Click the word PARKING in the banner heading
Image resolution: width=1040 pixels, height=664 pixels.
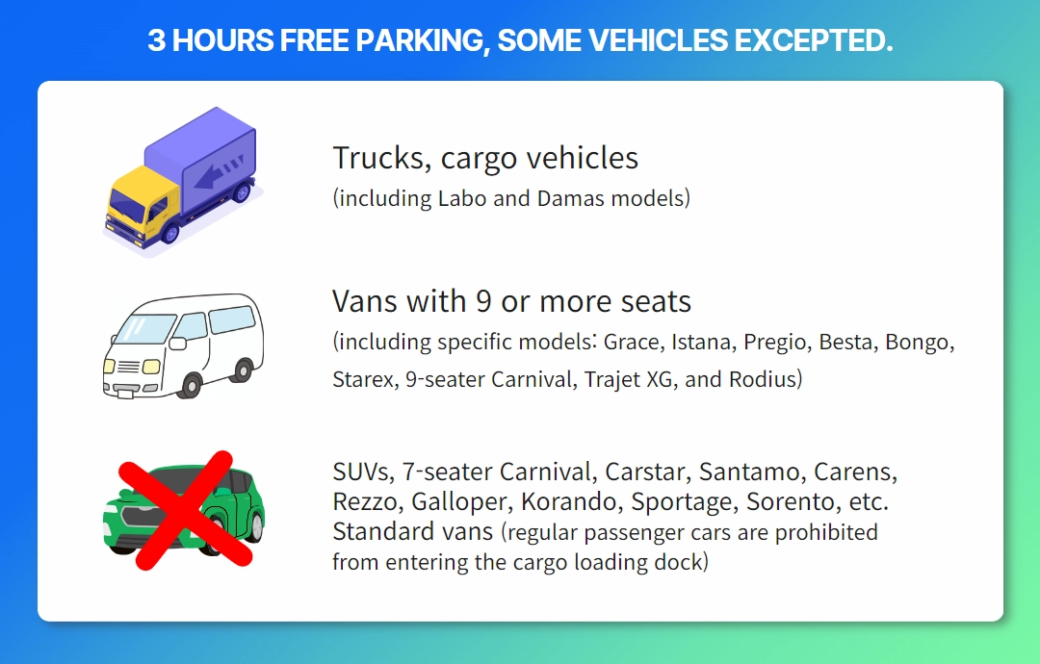click(x=419, y=40)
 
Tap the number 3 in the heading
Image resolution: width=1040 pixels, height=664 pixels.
click(x=156, y=40)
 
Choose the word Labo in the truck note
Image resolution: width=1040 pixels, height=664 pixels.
click(x=462, y=198)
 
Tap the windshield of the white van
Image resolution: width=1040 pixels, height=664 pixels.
click(x=142, y=330)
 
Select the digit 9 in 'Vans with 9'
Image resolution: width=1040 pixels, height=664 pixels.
click(x=483, y=301)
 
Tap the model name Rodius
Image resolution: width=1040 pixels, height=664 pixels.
click(x=762, y=380)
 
